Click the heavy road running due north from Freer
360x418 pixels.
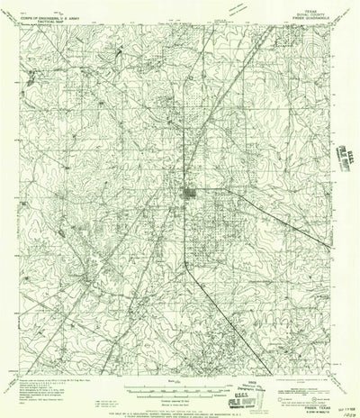187,108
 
